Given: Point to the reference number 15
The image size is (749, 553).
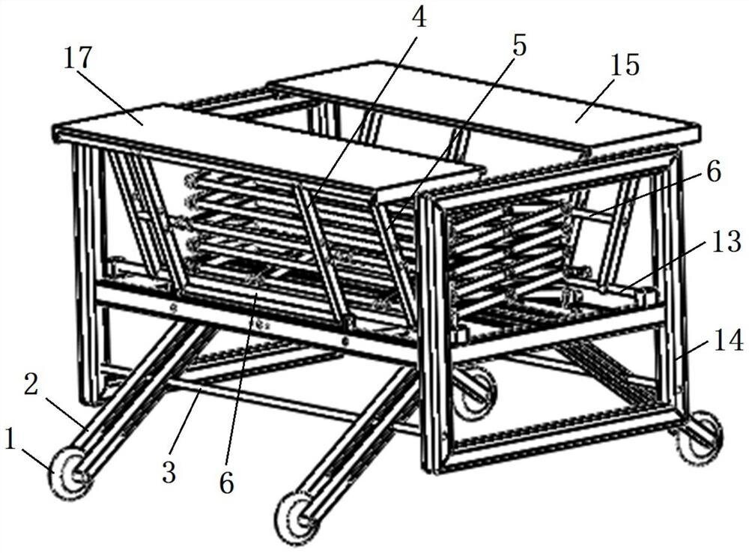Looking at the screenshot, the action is [x=625, y=65].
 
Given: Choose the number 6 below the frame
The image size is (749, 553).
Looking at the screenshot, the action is [x=227, y=483].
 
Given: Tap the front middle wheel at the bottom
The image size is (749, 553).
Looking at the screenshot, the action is [x=297, y=516].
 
